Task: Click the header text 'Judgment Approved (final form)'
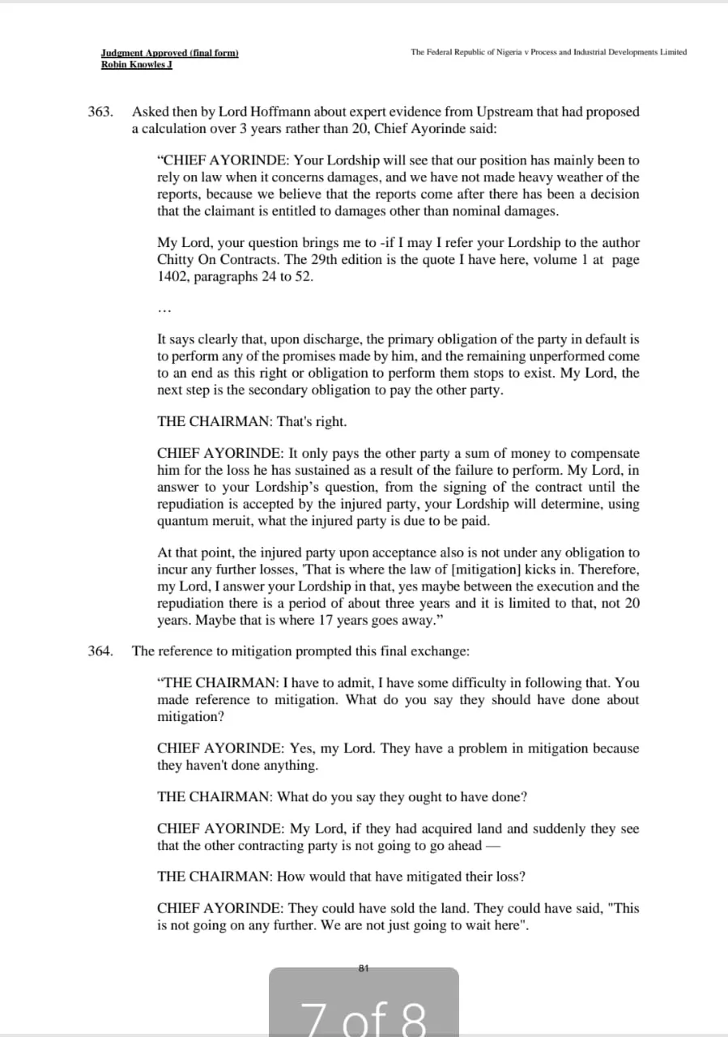[x=170, y=53]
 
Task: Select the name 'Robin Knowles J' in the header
[x=137, y=65]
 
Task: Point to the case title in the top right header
[x=548, y=53]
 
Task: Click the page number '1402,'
[x=176, y=276]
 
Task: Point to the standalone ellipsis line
[x=164, y=309]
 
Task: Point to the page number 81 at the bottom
[x=364, y=968]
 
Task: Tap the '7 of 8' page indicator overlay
[x=364, y=1013]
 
